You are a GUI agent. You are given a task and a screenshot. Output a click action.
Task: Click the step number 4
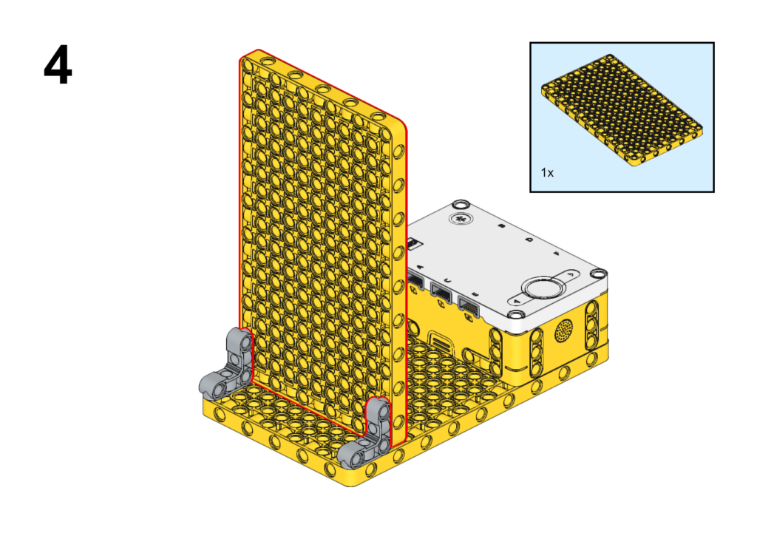(x=58, y=65)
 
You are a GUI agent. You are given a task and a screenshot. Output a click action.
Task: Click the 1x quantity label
(x=547, y=172)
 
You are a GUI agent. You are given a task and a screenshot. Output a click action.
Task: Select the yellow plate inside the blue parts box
(x=622, y=111)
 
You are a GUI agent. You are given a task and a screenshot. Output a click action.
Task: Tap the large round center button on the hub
(x=543, y=288)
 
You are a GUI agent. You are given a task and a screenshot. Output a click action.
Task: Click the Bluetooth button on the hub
(x=461, y=219)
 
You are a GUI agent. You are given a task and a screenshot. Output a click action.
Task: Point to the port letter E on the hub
(x=474, y=294)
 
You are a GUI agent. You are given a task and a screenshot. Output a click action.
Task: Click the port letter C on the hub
(x=447, y=280)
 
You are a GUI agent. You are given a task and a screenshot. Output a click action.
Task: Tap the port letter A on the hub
(x=419, y=267)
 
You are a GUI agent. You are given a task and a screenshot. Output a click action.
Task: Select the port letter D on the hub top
(x=529, y=239)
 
